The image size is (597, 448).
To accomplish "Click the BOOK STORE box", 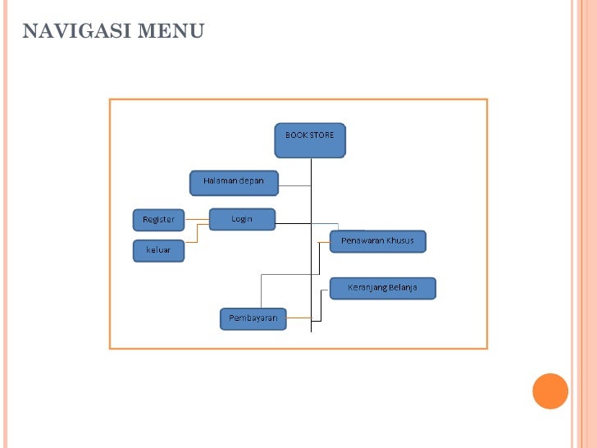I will coord(310,140).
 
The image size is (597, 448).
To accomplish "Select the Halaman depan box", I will coord(234,183).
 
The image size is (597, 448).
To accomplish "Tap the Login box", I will coord(242,219).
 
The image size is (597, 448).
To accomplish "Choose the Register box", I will coord(159,220).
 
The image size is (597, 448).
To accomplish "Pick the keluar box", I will coord(159,251).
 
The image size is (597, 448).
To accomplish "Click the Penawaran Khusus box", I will coord(378,241).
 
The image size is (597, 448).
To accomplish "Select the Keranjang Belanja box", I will coord(382,288).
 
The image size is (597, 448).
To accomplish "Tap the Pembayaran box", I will coord(253,318).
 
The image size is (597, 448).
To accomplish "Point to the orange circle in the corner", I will coord(550,391).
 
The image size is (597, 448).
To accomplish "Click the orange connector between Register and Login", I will coord(197,219).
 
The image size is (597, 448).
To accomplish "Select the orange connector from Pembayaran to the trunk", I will coord(298,317).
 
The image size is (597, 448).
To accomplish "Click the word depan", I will coord(251,181).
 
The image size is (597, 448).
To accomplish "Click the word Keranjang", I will coord(367,287).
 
